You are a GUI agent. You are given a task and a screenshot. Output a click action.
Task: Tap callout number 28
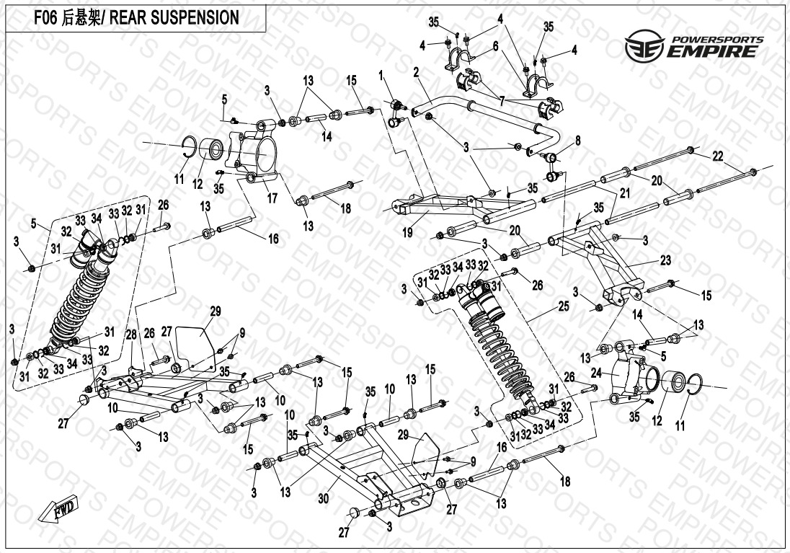[x=131, y=335]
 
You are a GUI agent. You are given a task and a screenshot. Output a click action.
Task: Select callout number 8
[x=577, y=139]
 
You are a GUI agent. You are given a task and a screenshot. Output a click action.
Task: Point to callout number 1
[x=383, y=75]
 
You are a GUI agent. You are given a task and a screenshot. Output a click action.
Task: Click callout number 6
[x=496, y=45]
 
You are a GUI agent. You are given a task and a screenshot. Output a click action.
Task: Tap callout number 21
[x=624, y=193]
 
